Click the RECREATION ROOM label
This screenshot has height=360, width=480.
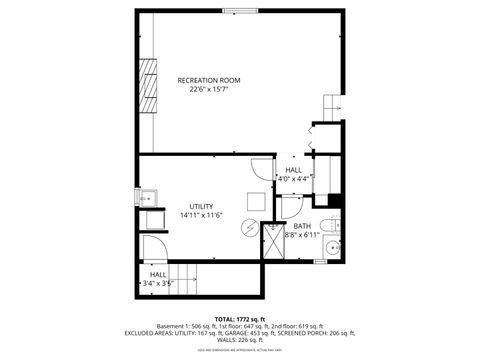click(x=210, y=80)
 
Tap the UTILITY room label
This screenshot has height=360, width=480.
click(x=201, y=206)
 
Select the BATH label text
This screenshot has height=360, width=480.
click(x=303, y=226)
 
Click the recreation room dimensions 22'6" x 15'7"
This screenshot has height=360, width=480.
click(x=210, y=89)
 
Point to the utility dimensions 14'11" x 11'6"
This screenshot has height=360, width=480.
click(x=200, y=215)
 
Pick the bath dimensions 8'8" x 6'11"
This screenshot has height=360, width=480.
click(x=303, y=235)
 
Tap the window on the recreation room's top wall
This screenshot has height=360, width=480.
click(x=239, y=12)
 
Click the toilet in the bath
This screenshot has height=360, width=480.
click(x=334, y=222)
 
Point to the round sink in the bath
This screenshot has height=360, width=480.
click(x=334, y=247)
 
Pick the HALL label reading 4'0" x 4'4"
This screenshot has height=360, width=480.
click(x=294, y=174)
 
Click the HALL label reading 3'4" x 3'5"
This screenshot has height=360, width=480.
click(x=159, y=279)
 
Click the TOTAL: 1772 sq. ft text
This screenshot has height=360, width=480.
click(x=240, y=318)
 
